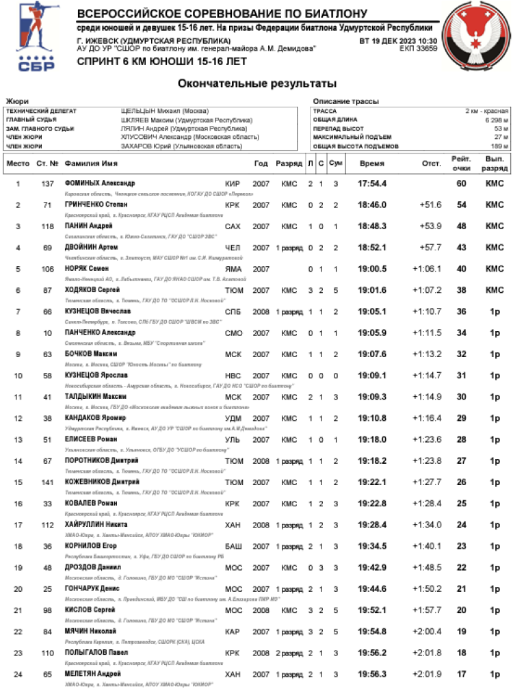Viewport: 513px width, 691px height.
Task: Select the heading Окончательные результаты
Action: click(256, 83)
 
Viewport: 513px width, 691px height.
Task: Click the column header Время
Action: click(372, 164)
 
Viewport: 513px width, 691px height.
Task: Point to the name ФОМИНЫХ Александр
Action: click(99, 183)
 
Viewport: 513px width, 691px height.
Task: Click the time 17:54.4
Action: click(372, 183)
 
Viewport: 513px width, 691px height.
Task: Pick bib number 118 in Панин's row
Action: click(47, 226)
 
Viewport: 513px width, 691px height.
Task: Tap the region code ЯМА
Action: click(233, 269)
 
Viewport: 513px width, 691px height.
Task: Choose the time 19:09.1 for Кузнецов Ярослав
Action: click(372, 376)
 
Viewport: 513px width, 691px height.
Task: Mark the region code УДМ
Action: click(233, 418)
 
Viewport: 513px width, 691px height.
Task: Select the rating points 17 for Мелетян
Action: click(461, 674)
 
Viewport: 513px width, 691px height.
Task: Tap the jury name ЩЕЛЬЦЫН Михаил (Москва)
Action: click(164, 111)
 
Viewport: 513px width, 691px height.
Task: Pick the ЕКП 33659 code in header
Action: click(418, 49)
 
